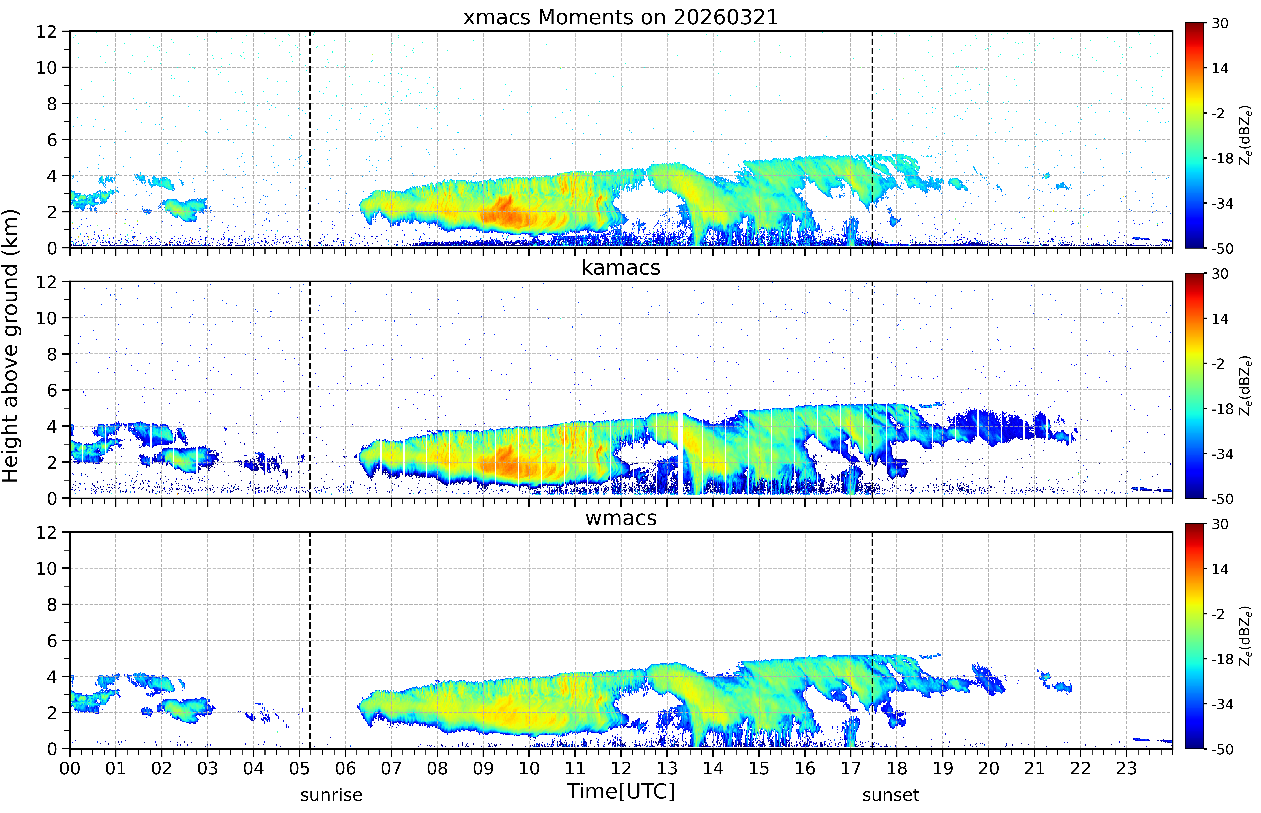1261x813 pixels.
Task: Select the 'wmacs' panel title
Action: pos(621,518)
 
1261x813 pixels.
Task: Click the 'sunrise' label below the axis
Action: pos(331,795)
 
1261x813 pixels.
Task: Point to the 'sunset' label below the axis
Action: pos(891,795)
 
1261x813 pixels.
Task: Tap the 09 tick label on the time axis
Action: pos(483,768)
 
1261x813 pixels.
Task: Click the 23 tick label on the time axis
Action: pos(1126,768)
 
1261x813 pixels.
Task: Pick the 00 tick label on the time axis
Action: pos(70,768)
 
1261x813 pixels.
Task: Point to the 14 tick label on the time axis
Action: pos(713,768)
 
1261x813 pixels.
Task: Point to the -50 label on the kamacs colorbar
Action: pos(1222,499)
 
